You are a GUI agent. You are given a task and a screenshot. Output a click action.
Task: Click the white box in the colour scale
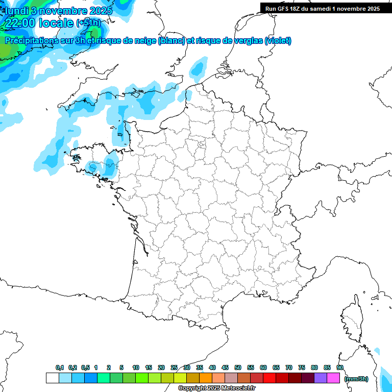click(x=52, y=378)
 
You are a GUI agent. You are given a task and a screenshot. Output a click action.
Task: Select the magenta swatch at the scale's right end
click(x=333, y=378)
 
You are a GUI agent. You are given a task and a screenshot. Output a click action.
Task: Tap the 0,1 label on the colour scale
click(x=60, y=367)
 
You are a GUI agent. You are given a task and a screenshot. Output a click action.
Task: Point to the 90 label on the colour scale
click(x=340, y=367)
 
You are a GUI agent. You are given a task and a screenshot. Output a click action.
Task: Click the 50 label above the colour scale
click(x=238, y=367)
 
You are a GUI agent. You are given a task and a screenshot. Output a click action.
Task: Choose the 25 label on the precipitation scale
click(x=174, y=367)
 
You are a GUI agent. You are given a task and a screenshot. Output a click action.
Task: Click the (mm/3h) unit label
click(x=356, y=379)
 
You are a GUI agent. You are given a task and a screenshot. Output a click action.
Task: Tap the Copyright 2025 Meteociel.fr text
click(x=217, y=388)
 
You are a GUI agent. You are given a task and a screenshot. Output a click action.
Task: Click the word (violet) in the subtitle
click(x=278, y=41)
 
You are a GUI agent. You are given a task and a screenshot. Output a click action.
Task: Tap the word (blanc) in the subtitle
click(x=171, y=41)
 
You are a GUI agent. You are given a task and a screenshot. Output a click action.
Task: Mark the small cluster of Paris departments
click(x=201, y=146)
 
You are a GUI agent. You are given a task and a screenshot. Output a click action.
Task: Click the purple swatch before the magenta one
click(x=321, y=378)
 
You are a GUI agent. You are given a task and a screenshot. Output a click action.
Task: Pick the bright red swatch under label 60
click(x=269, y=378)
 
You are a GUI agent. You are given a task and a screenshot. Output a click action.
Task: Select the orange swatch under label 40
click(x=206, y=378)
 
